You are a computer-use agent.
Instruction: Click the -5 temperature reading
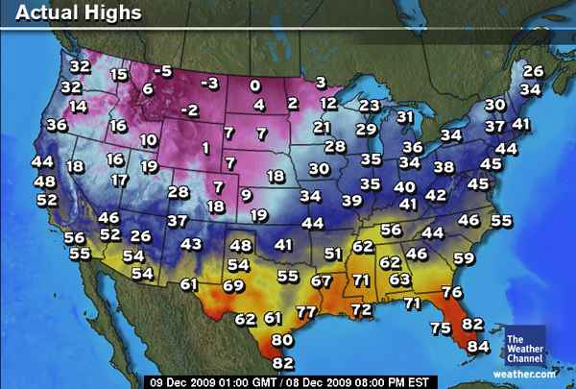click(164, 71)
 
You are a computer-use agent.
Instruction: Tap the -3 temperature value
click(211, 83)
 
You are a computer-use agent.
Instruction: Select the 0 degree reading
click(254, 85)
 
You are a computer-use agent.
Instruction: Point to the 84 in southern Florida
click(477, 346)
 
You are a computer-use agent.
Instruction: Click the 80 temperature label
click(281, 340)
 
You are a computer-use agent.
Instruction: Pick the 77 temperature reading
click(306, 312)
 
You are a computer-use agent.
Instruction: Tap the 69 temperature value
click(233, 285)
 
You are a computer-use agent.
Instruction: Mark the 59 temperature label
click(464, 258)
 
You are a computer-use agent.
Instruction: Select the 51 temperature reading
click(333, 254)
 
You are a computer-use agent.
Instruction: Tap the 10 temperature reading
click(148, 140)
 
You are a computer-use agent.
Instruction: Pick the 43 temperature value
click(192, 244)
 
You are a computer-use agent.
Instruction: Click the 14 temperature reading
click(78, 107)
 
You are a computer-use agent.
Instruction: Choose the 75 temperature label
click(441, 328)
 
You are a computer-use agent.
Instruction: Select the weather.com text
click(525, 373)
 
